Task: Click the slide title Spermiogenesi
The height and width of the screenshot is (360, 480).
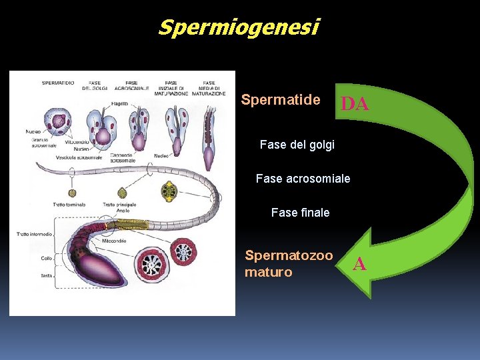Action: (x=239, y=28)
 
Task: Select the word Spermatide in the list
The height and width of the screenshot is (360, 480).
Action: (x=280, y=101)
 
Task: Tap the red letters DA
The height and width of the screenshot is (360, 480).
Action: (x=355, y=104)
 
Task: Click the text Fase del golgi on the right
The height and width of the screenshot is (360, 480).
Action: (x=297, y=145)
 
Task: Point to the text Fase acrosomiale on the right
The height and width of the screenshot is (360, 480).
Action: (x=303, y=179)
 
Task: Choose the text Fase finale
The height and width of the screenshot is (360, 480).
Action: (x=300, y=213)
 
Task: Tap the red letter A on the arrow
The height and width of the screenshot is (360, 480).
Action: (x=359, y=265)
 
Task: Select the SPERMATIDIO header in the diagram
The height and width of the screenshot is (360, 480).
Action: (x=58, y=83)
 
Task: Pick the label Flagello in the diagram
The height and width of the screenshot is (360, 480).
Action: (x=121, y=104)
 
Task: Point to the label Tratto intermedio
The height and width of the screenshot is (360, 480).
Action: (x=34, y=234)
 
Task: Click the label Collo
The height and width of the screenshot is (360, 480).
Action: (x=47, y=257)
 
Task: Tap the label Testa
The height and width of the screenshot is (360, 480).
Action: (x=47, y=275)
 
